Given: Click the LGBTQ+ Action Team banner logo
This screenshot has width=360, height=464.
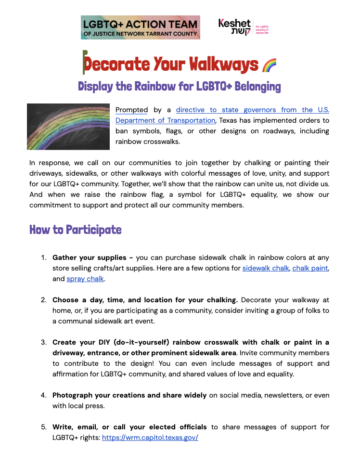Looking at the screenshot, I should pyautogui.click(x=141, y=27).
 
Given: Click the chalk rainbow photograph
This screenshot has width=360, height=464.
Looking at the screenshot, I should pyautogui.click(x=69, y=127).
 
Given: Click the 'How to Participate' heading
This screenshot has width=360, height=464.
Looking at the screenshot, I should pyautogui.click(x=76, y=230).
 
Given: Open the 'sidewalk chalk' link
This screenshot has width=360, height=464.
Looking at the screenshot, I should pyautogui.click(x=265, y=268).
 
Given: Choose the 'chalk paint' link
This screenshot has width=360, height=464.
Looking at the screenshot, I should pyautogui.click(x=310, y=268).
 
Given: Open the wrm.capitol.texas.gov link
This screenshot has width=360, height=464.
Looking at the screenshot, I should pyautogui.click(x=150, y=438).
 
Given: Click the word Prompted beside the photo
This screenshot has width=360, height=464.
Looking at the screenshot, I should pyautogui.click(x=131, y=110).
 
